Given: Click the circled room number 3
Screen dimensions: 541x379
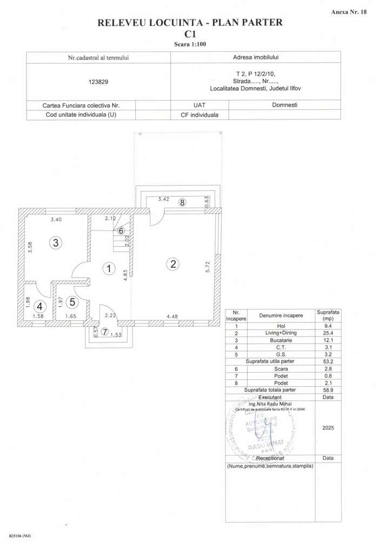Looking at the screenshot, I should pyautogui.click(x=56, y=243).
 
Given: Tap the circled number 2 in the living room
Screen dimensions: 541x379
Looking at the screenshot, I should pyautogui.click(x=173, y=264).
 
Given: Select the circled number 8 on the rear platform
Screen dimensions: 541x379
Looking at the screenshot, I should pyautogui.click(x=182, y=202).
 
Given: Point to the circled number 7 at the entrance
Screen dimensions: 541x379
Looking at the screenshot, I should pyautogui.click(x=105, y=332).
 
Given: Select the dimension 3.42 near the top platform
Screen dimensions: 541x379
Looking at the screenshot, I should pyautogui.click(x=164, y=199).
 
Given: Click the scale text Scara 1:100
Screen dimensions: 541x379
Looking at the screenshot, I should pyautogui.click(x=189, y=44).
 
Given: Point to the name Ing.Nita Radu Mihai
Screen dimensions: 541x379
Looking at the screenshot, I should pyautogui.click(x=269, y=404).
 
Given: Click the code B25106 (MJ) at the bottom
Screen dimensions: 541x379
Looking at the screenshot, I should pyautogui.click(x=20, y=536).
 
